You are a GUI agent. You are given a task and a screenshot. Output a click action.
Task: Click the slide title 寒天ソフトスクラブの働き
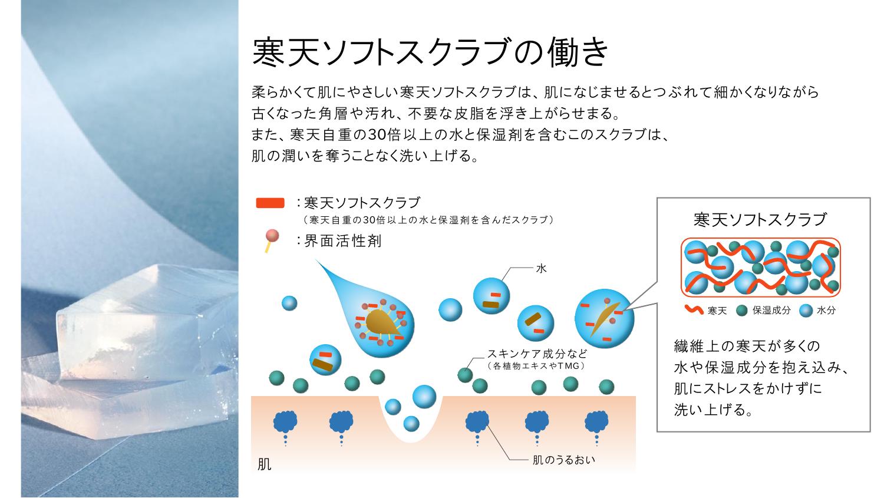(x=430, y=52)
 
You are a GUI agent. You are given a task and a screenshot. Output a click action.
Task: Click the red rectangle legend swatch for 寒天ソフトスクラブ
(x=271, y=203)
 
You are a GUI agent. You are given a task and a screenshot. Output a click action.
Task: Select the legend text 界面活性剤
(x=342, y=240)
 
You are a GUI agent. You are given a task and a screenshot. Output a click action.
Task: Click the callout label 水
(x=541, y=268)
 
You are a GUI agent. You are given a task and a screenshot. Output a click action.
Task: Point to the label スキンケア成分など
(x=537, y=353)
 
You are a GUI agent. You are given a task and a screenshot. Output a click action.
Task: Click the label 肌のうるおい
(x=563, y=460)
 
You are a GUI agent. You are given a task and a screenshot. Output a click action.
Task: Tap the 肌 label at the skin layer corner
(x=265, y=464)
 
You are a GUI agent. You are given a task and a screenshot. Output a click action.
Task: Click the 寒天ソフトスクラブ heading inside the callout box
(x=760, y=219)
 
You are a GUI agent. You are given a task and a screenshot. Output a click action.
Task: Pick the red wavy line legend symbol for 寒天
(x=694, y=310)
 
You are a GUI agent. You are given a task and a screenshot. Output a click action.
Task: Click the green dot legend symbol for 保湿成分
(x=741, y=311)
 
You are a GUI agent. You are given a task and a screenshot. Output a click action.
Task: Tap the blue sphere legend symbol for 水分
(x=806, y=311)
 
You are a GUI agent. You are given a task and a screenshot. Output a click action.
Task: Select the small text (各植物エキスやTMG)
(x=536, y=366)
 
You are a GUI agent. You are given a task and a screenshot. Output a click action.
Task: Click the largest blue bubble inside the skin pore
(x=424, y=397)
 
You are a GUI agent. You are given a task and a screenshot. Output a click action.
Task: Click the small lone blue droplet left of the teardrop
(x=289, y=303)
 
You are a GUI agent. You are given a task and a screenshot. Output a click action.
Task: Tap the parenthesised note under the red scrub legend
(x=428, y=220)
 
